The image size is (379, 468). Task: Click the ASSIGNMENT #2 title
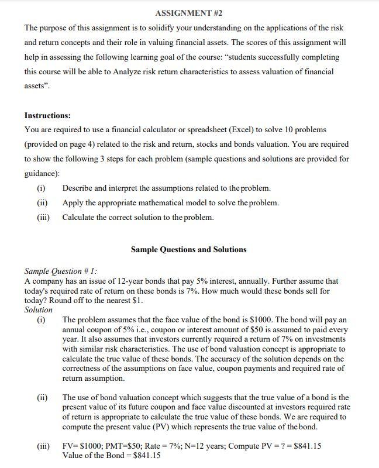pyautogui.click(x=189, y=12)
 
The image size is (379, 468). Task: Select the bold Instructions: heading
pyautogui.click(x=47, y=115)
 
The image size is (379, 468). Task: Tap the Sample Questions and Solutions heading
pyautogui.click(x=188, y=249)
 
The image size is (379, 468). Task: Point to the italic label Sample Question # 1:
pyautogui.click(x=61, y=271)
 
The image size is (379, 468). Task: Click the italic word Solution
pyautogui.click(x=38, y=310)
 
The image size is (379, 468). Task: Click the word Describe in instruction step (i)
pyautogui.click(x=79, y=188)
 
